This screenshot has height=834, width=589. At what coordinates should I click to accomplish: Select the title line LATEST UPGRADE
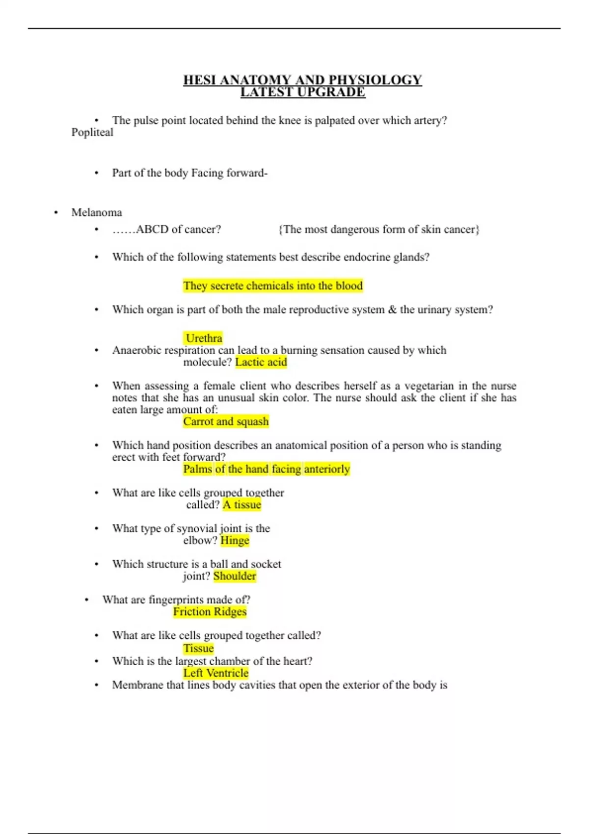pos(302,92)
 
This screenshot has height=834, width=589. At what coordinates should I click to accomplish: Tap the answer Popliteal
pos(92,132)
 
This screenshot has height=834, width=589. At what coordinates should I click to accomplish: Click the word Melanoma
pos(97,212)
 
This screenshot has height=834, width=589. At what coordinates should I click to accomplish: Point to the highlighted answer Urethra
pos(204,338)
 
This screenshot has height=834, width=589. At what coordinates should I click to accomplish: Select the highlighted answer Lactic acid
pos(261,362)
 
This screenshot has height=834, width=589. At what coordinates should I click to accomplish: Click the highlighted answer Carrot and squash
pos(226,421)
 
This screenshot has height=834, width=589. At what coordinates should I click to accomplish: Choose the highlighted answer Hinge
pos(235,541)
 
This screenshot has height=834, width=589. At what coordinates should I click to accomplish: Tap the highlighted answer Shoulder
pos(235,576)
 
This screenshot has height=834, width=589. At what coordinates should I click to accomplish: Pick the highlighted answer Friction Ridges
pos(210,612)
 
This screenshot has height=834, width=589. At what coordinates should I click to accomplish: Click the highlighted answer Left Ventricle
pos(215,673)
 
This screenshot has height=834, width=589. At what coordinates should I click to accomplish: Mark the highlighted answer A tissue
pos(242,505)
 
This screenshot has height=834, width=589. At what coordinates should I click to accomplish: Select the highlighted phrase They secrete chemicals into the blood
pos(273,286)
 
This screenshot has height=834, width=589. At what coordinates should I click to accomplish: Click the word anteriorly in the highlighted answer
pos(327,469)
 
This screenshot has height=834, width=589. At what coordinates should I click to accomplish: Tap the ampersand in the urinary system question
pos(392,310)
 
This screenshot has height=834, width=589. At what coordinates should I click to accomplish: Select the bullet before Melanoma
pos(56,212)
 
